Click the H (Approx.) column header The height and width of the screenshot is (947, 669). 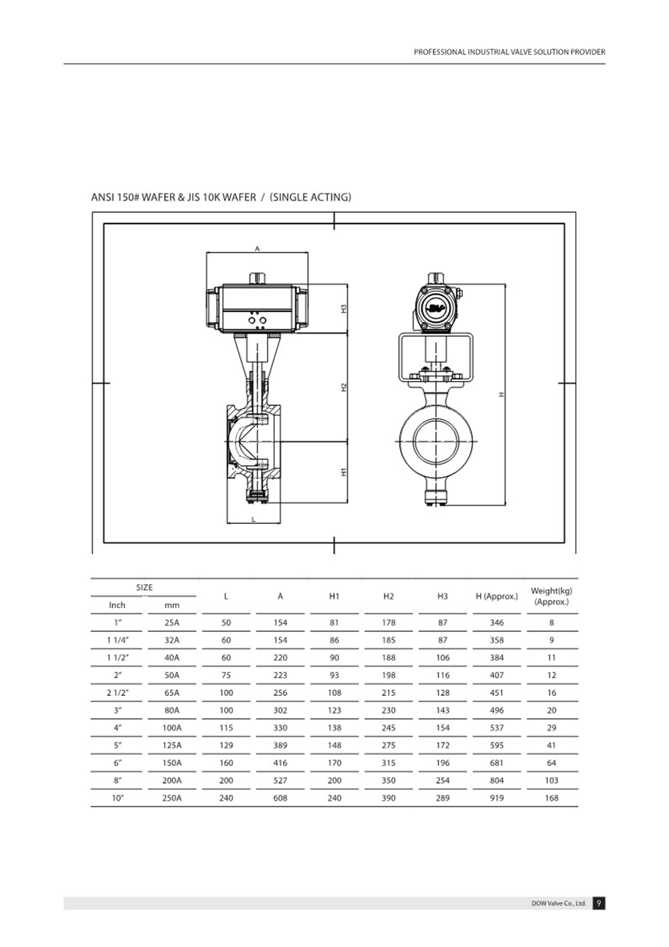[496, 596]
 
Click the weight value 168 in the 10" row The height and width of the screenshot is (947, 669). [551, 798]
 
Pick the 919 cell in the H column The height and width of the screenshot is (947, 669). [496, 798]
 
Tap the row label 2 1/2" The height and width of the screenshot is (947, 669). [117, 693]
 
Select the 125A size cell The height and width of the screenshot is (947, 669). [172, 745]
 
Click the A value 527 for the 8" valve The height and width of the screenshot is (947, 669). [280, 780]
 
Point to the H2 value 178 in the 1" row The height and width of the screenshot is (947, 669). [389, 622]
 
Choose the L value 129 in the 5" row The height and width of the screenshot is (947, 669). [226, 745]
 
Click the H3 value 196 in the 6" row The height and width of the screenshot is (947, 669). [443, 763]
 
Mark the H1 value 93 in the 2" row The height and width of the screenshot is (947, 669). [334, 675]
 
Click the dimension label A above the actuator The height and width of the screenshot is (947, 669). [257, 248]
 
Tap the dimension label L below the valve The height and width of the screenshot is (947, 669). [254, 519]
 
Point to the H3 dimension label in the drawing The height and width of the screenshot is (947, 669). [344, 309]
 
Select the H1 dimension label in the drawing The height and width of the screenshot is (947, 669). [344, 472]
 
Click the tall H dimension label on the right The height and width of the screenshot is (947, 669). [501, 394]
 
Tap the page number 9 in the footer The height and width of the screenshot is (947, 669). [599, 903]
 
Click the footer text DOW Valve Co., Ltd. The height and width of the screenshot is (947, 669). [559, 903]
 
